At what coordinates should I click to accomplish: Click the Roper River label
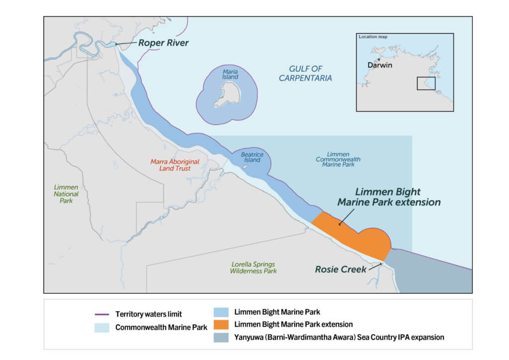163,43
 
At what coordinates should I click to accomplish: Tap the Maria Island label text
230,74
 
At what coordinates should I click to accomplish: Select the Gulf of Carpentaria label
305,73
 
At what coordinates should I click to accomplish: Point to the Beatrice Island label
252,158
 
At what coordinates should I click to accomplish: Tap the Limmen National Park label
66,193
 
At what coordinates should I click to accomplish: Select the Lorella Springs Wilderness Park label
253,268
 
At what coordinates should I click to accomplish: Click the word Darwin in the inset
380,66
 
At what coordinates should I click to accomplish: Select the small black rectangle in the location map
426,84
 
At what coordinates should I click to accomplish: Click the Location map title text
373,37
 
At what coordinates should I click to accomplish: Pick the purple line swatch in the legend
102,314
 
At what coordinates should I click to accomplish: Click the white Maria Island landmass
227,94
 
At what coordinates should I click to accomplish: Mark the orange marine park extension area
358,236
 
